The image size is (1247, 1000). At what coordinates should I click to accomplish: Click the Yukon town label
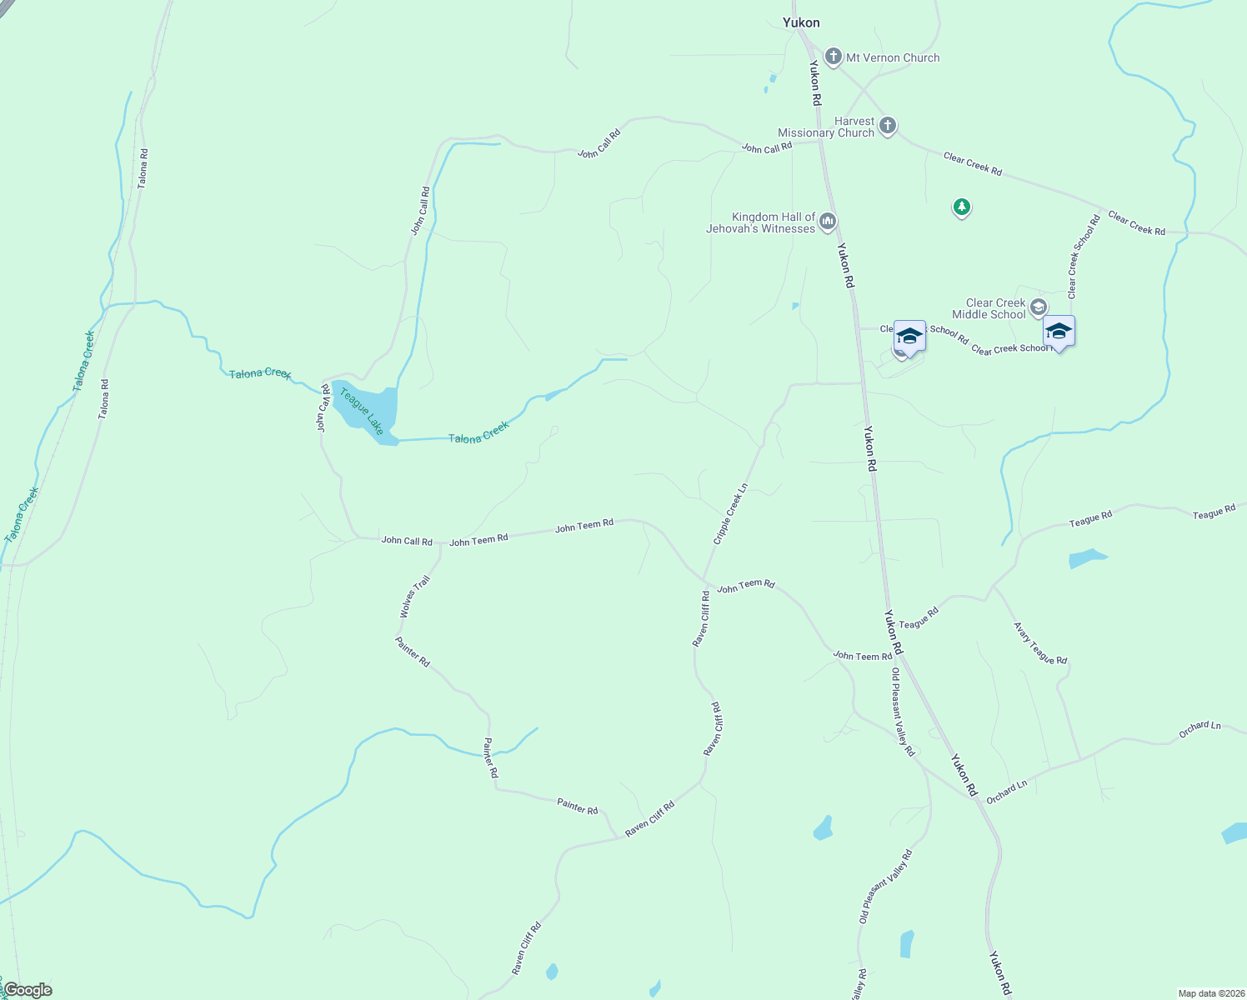[801, 22]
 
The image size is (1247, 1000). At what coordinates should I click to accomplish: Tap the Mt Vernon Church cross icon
[833, 57]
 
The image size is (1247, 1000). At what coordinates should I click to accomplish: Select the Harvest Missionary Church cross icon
[888, 126]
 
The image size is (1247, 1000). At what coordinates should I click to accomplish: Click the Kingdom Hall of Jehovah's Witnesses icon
[828, 221]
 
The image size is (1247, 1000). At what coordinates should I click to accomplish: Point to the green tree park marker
[962, 207]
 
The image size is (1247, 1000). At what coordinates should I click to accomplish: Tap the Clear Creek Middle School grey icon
[1038, 307]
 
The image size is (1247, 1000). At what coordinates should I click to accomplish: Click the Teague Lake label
[362, 411]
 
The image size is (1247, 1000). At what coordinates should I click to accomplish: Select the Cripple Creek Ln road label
[730, 514]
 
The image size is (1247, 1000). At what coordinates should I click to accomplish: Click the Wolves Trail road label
[414, 597]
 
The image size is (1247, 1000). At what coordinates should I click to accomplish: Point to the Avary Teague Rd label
[1040, 643]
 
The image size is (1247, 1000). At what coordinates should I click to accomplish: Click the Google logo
[28, 990]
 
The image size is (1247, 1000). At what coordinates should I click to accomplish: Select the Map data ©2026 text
[1210, 993]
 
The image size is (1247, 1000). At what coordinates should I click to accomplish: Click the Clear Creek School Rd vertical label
[1084, 256]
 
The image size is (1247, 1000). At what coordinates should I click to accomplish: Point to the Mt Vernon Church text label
[893, 57]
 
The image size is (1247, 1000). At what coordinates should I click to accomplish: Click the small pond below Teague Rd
[1087, 558]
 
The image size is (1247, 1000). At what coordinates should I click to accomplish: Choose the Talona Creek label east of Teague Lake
[478, 432]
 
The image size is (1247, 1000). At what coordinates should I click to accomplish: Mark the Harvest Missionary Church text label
[826, 127]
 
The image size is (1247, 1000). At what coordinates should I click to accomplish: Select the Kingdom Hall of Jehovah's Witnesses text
[761, 222]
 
